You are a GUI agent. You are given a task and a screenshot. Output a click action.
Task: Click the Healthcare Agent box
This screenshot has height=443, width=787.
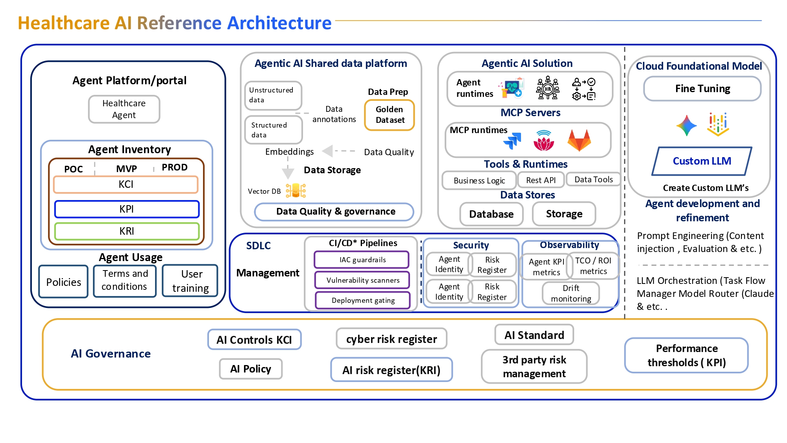coord(124,109)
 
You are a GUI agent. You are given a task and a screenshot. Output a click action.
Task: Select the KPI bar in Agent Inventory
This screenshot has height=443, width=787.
coord(127,209)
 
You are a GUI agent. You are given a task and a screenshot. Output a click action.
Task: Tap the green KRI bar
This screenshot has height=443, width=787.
coord(127,231)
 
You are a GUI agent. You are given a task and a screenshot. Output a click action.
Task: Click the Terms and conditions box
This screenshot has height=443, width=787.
coord(125,280)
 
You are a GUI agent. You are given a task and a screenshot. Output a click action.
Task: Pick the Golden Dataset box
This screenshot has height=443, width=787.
coord(390,115)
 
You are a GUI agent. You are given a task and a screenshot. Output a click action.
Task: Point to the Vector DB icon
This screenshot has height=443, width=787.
coord(296,191)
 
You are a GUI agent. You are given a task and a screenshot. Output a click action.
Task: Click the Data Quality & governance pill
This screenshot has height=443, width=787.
coord(334,211)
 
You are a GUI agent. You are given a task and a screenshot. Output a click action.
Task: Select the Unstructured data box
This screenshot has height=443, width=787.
coord(273,95)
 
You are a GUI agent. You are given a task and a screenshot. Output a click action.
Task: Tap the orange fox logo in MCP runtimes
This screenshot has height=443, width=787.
coord(579,140)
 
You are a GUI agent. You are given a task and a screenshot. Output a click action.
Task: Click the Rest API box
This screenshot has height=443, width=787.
coord(541,180)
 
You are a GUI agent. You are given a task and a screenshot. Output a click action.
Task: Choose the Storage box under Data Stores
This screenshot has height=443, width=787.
coord(564,214)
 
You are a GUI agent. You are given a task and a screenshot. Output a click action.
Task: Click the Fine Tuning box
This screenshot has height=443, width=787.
coord(702,89)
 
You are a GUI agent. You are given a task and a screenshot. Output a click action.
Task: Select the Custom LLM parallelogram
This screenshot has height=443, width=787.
coord(702,161)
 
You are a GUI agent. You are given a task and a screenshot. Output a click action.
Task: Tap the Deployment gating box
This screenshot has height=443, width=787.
coord(363,300)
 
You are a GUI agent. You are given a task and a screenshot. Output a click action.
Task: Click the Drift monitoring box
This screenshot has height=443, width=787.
coord(571,293)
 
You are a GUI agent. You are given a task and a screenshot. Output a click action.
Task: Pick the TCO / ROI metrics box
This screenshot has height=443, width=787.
coord(593,266)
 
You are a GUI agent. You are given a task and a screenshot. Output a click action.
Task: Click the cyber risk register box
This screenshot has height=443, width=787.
coord(392,339)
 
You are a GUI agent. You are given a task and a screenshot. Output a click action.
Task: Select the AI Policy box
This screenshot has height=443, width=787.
coord(251,369)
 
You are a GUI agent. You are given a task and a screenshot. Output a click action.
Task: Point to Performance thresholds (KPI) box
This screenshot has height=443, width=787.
coord(686,355)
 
